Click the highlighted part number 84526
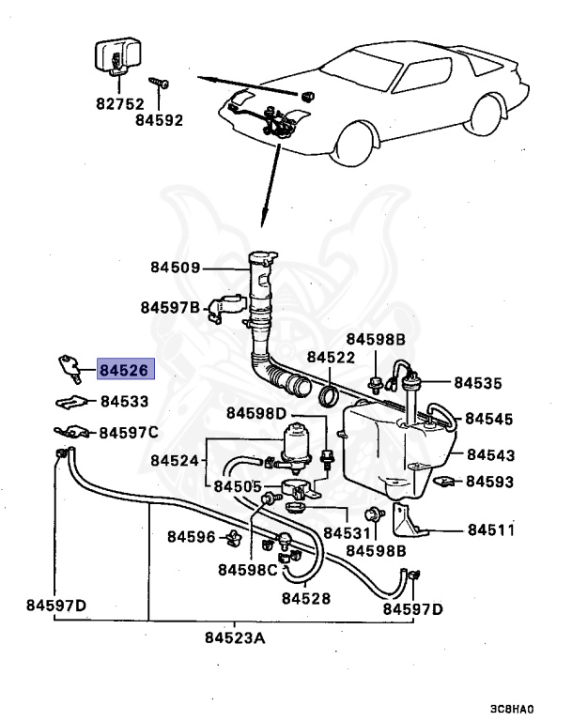(x=124, y=370)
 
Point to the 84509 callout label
(x=175, y=268)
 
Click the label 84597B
(x=170, y=306)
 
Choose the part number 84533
(x=124, y=401)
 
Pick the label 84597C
(x=130, y=433)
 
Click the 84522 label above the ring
(x=331, y=358)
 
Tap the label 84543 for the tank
(x=491, y=455)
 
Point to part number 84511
(x=491, y=529)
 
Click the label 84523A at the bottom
(x=235, y=638)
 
